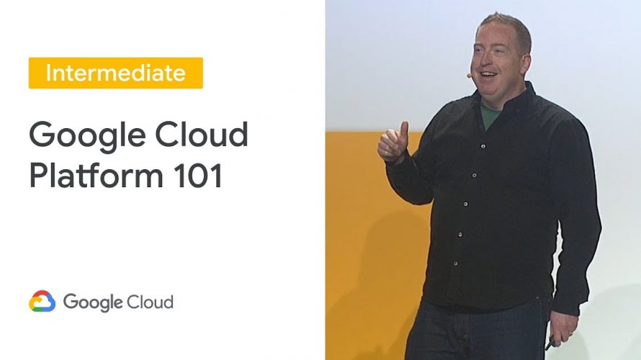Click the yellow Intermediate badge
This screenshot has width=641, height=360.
tap(116, 73)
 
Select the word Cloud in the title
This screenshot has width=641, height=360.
tap(202, 134)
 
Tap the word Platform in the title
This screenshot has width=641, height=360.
tap(97, 175)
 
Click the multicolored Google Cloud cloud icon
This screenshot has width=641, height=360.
tap(42, 302)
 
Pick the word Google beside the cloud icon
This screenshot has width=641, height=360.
tap(93, 303)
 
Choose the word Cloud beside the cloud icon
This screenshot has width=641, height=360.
tap(150, 302)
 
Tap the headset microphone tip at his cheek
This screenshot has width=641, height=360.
tap(469, 75)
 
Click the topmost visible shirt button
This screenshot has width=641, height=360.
tap(483, 146)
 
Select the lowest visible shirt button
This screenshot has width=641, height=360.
tap(455, 264)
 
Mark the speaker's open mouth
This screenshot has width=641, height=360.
tap(488, 76)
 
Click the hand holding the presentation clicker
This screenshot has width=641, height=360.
tap(564, 329)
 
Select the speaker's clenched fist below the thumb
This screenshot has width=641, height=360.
tap(392, 148)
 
